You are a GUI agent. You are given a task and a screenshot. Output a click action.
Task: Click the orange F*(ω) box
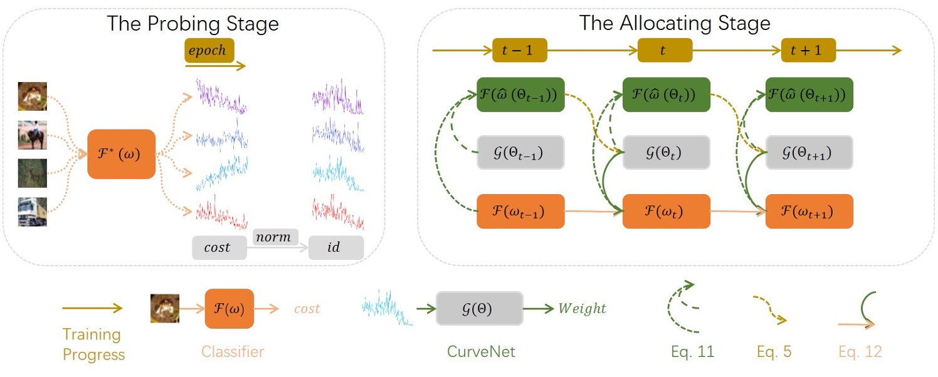(121, 154)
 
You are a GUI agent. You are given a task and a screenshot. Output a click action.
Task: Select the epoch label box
(209, 50)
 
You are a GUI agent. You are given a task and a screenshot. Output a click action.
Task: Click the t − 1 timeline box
(520, 50)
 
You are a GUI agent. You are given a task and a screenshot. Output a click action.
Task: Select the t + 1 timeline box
(808, 50)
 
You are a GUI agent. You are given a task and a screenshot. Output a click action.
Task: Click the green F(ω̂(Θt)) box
(666, 95)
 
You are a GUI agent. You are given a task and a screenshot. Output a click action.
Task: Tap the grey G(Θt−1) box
(520, 153)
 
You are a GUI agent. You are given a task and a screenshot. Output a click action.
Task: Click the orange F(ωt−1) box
(520, 211)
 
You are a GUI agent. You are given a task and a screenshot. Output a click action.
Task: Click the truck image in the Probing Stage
(32, 212)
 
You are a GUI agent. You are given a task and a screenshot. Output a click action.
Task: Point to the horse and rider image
(32, 135)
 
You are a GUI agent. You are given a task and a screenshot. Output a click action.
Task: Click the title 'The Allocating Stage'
(674, 23)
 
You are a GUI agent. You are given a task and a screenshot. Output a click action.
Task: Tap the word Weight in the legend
(582, 308)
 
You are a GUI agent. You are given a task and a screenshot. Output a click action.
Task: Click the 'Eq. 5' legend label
(774, 352)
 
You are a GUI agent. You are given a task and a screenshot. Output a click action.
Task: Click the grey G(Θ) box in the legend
(479, 308)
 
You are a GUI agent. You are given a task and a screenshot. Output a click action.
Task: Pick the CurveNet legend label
(481, 352)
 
